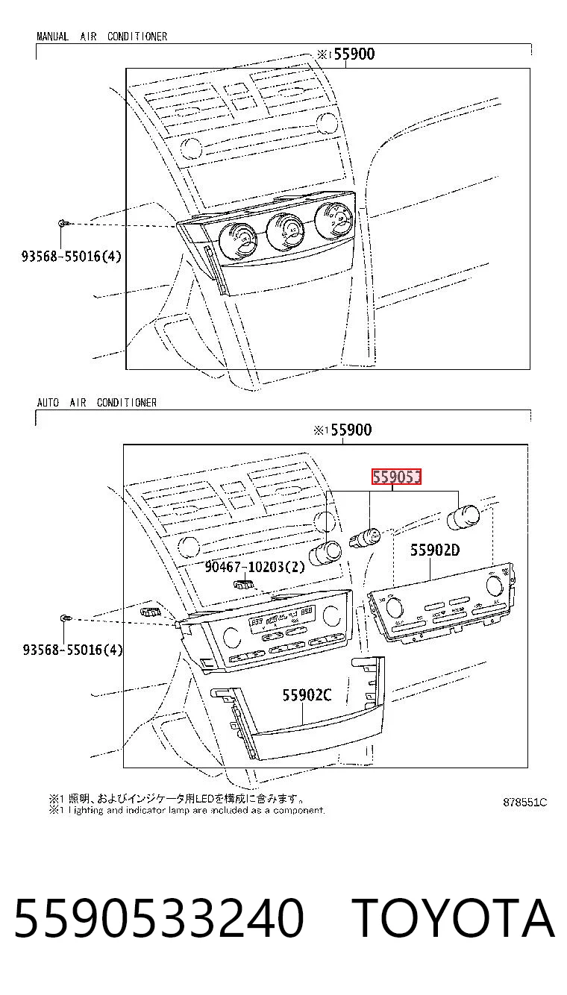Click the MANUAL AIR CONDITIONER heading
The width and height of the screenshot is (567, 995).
[x=101, y=37]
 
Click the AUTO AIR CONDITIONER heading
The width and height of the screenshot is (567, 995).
[x=97, y=403]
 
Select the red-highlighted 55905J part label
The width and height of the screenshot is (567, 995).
[x=396, y=477]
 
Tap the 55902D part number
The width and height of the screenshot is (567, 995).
[x=435, y=550]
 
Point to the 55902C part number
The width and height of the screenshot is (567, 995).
[x=307, y=694]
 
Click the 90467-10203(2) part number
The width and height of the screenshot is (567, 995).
[x=254, y=566]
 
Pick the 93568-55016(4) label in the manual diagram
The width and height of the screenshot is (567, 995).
[x=71, y=256]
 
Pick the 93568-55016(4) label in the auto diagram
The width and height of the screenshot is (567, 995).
[x=72, y=650]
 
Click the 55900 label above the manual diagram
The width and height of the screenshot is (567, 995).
[x=354, y=54]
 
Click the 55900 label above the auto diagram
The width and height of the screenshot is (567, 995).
[x=351, y=430]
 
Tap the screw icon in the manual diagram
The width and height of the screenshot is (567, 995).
[x=63, y=223]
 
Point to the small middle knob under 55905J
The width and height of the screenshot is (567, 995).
[x=366, y=538]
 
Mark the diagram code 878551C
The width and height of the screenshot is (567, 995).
[x=524, y=803]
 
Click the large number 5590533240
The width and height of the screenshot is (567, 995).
[x=160, y=918]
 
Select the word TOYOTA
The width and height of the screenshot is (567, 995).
[x=454, y=918]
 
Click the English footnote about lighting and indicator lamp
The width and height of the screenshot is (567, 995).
[x=187, y=810]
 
